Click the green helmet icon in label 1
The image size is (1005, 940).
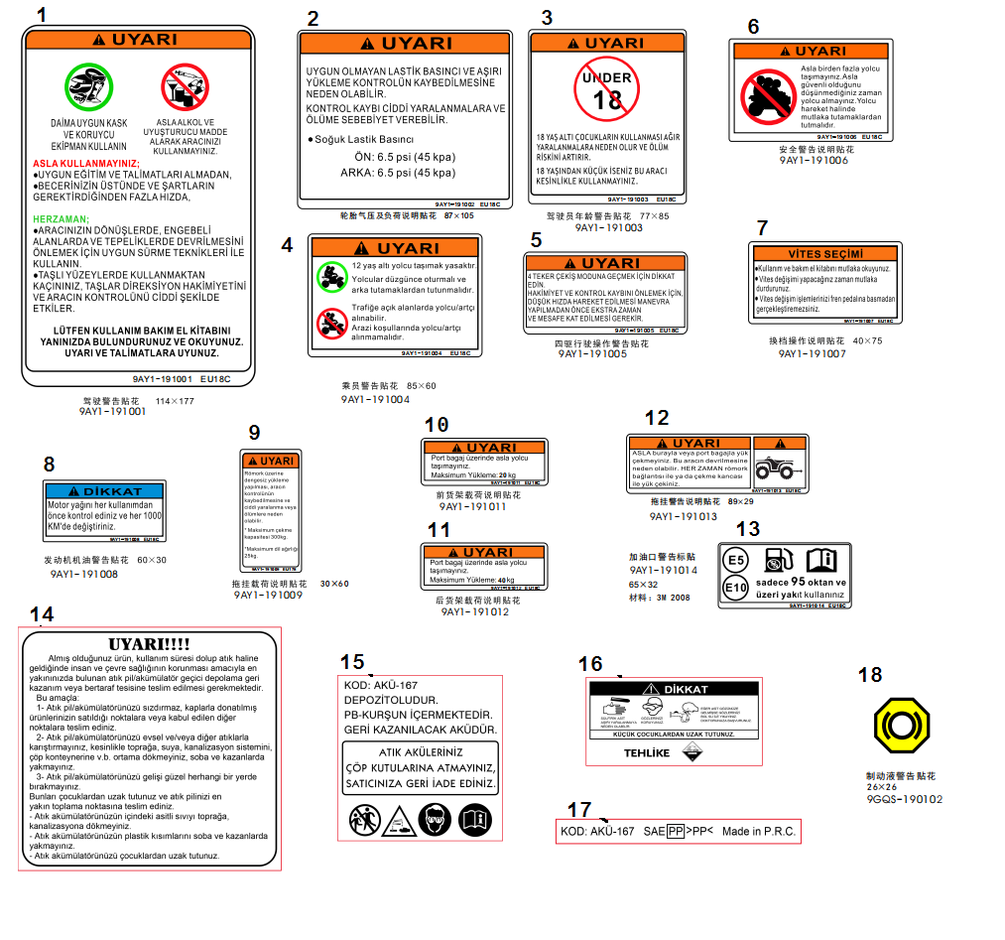[x=89, y=87]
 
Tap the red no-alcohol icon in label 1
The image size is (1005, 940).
[x=185, y=87]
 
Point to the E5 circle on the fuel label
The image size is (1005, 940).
[x=735, y=561]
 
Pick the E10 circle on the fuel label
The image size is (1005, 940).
[x=735, y=589]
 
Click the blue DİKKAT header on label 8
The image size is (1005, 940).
[x=104, y=491]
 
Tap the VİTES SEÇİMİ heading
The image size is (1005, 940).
[x=825, y=254]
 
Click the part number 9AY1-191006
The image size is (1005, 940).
[x=814, y=160]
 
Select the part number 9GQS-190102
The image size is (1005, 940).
[x=904, y=798]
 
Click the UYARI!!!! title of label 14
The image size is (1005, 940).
[x=149, y=644]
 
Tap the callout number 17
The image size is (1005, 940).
[x=579, y=810]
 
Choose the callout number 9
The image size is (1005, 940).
[x=254, y=432]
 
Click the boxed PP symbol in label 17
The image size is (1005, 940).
[x=675, y=831]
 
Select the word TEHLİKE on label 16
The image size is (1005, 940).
[x=646, y=752]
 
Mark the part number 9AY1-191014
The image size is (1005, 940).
[x=663, y=571]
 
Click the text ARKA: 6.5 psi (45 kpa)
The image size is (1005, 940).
[x=398, y=172]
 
